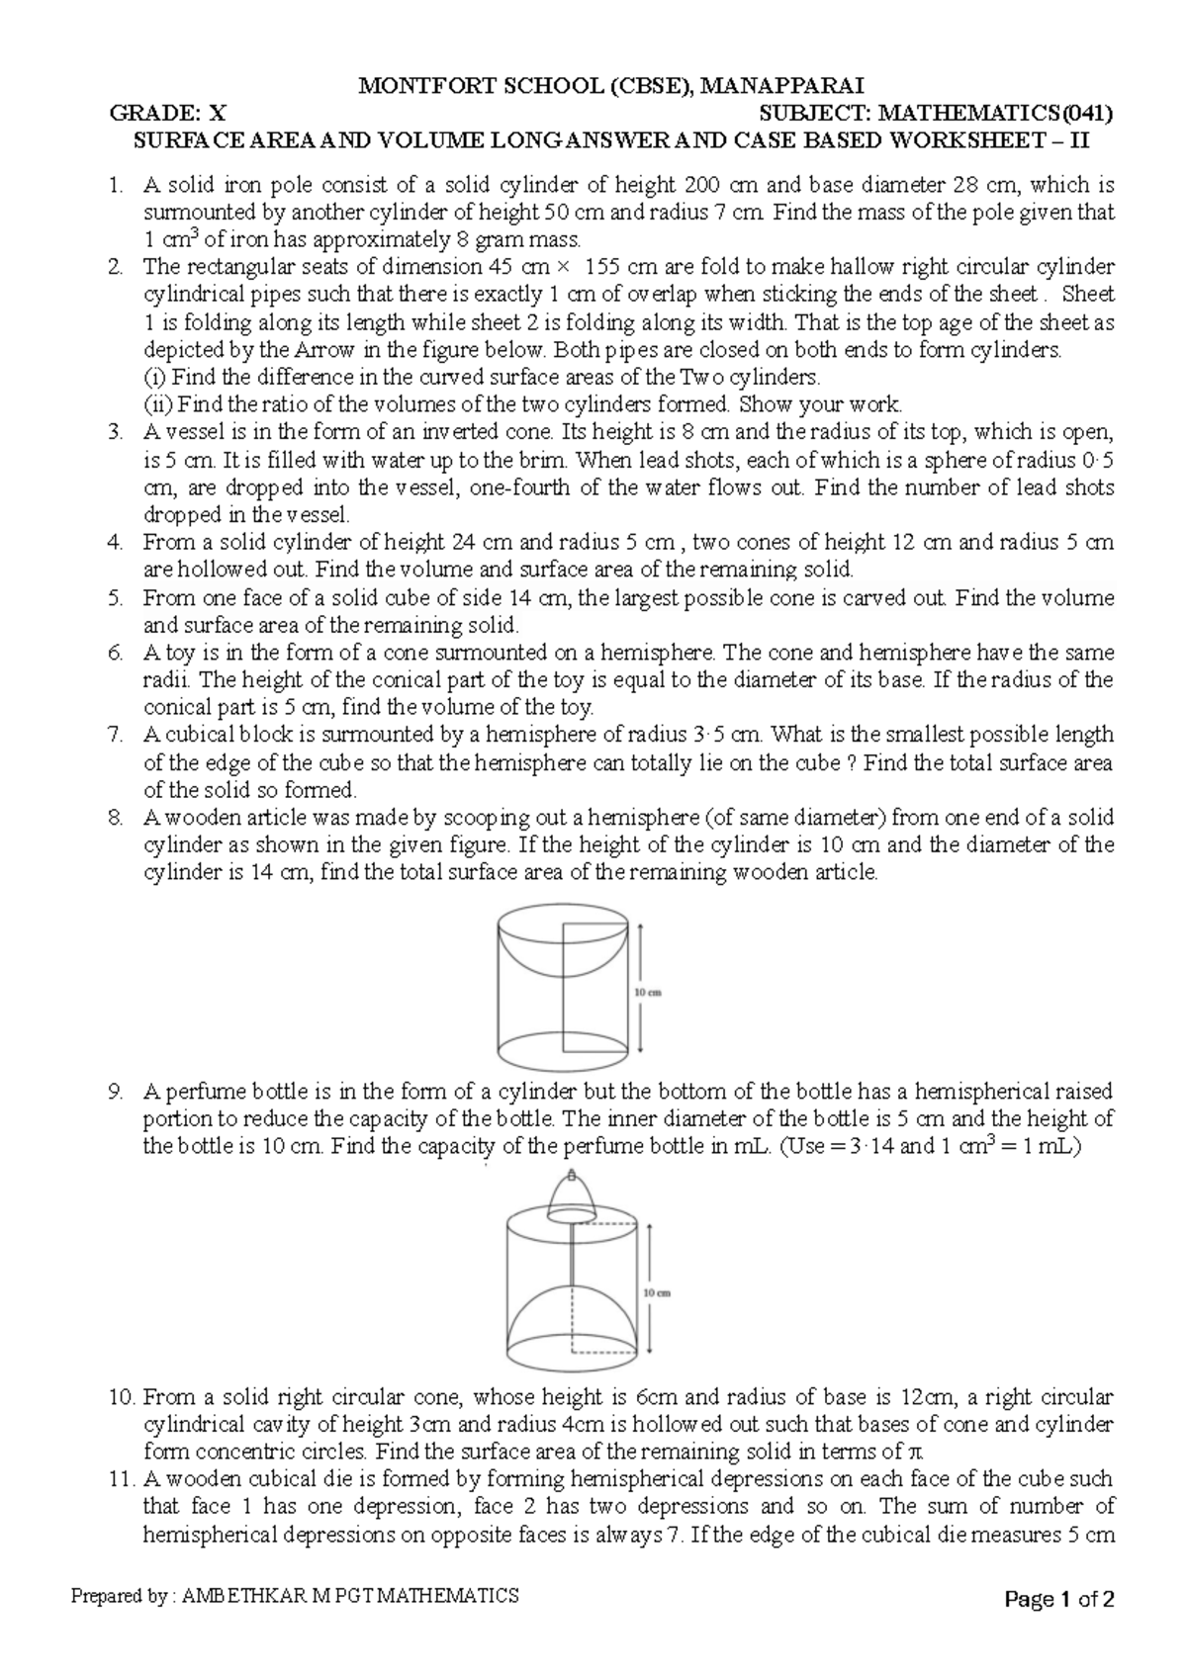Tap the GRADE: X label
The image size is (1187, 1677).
coord(167,113)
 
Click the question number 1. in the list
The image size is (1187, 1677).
coord(117,185)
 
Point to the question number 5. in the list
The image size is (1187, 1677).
coord(117,598)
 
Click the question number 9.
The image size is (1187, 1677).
coord(117,1092)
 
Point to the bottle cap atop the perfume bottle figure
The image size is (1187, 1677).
coord(572,1194)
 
